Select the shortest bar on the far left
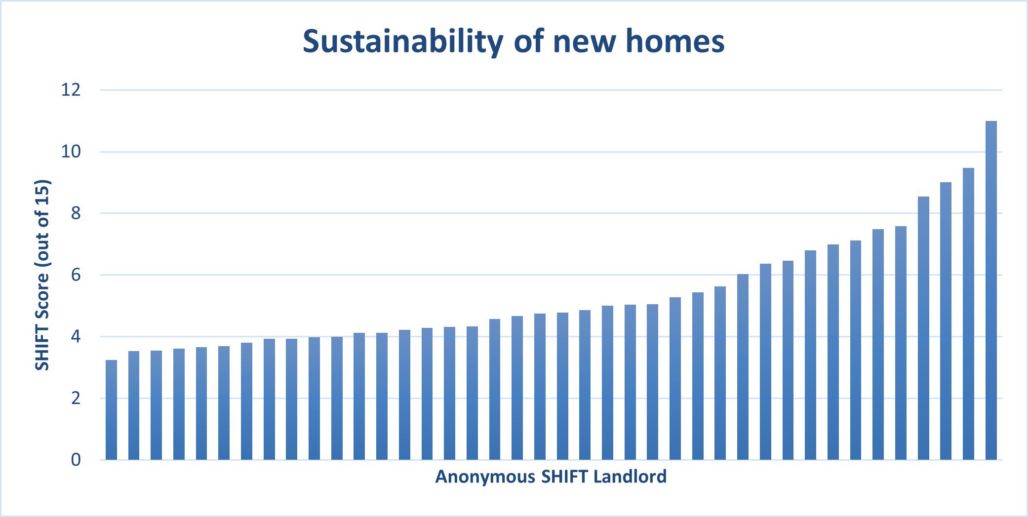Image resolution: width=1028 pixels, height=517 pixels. [111, 410]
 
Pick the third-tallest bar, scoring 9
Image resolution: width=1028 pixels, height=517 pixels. [946, 321]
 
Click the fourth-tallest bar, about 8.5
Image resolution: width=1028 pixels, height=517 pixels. [923, 328]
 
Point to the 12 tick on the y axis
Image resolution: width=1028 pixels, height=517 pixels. [71, 90]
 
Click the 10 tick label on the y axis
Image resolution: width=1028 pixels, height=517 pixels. [71, 152]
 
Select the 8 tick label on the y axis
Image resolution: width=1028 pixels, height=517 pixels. [76, 213]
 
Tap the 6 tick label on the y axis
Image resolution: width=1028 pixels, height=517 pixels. [76, 275]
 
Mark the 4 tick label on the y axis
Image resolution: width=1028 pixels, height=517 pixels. [76, 337]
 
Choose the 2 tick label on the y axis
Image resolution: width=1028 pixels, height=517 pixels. [76, 398]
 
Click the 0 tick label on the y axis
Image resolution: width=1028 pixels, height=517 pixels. [76, 460]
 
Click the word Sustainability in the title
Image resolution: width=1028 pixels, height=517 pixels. [403, 41]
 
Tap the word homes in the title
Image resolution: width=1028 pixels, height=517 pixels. [675, 41]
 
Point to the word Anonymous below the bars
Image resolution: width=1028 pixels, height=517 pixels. [485, 477]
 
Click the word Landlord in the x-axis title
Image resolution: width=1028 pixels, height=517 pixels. [630, 477]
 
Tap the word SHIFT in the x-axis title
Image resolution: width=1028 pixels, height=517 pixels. [564, 477]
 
